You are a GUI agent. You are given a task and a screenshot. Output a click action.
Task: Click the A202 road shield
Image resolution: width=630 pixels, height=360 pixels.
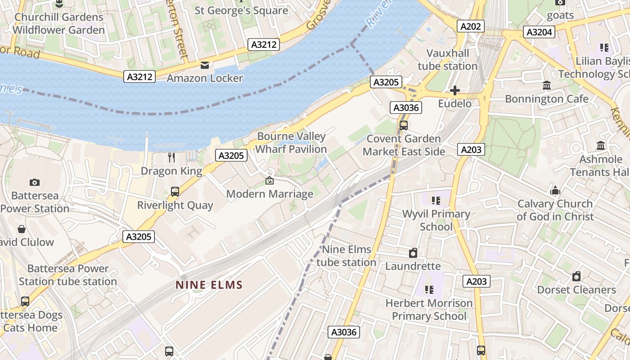pos(471,27)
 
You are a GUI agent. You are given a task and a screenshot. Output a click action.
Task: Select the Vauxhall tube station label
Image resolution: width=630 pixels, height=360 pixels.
pos(447,60)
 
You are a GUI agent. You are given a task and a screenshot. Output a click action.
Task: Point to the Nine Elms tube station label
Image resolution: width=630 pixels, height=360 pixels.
pos(346,256)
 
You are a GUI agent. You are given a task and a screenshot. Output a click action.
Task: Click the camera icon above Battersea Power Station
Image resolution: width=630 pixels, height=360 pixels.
pos(34,182)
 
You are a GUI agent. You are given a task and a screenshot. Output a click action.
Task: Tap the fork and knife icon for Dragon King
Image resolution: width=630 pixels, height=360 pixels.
pos(171,157)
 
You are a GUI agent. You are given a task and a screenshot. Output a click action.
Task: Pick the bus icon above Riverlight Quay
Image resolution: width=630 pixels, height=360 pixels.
pos(175,192)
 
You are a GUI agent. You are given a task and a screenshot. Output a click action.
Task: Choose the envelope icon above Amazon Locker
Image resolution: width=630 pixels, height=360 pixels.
pos(205,65)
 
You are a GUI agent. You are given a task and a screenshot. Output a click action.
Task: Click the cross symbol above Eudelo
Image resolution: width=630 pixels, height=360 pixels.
pos(455,90)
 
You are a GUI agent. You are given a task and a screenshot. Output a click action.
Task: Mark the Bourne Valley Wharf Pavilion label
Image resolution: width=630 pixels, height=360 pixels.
pos(292,143)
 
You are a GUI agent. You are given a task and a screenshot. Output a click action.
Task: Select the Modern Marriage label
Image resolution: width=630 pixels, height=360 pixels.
pos(270,194)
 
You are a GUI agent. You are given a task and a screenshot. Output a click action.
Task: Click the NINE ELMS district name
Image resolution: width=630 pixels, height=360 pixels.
pos(209,285)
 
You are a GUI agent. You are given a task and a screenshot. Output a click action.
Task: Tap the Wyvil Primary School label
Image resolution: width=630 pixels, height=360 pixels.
pos(436,220)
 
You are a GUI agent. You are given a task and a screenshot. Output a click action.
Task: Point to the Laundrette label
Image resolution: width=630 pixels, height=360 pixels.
pos(413,266)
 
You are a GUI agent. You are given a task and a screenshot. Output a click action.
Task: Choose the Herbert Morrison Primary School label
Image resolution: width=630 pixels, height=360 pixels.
pos(429,310)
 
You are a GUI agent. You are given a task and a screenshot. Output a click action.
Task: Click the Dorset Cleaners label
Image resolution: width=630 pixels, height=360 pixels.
pos(576,290)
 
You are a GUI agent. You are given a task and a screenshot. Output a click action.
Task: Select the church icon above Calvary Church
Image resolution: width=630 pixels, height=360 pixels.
pos(555,190)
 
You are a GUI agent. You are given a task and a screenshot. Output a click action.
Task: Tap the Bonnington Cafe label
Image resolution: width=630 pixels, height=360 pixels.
pos(547,99)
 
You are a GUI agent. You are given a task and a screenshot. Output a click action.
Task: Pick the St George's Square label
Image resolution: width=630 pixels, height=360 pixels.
pos(241,10)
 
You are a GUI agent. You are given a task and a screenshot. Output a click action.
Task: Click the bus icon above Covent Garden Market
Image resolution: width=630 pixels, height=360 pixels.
pos(404,125)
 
